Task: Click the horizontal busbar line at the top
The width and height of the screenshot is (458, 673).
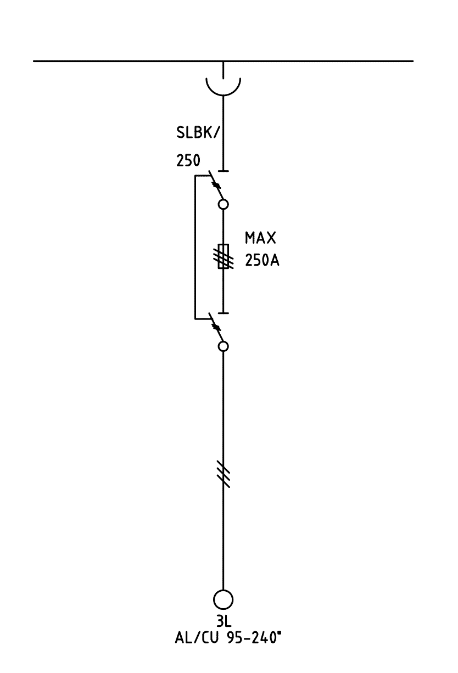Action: (137, 61)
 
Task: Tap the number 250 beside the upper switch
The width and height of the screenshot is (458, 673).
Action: (188, 161)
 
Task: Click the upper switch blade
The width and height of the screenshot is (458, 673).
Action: (216, 186)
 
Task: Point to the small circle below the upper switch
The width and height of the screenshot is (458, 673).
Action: (223, 205)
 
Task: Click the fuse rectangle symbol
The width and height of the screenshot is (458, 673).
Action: (223, 256)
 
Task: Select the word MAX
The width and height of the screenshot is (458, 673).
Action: (260, 239)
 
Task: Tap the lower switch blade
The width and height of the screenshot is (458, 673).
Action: (216, 328)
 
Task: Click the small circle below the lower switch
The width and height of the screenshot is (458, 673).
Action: (223, 346)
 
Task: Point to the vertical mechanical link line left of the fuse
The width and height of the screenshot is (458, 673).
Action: (194, 247)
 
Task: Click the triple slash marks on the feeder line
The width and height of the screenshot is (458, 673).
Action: (223, 474)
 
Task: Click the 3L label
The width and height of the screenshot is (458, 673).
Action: (223, 622)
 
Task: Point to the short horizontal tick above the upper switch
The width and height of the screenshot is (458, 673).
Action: (223, 171)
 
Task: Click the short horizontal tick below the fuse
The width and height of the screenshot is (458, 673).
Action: (223, 313)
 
